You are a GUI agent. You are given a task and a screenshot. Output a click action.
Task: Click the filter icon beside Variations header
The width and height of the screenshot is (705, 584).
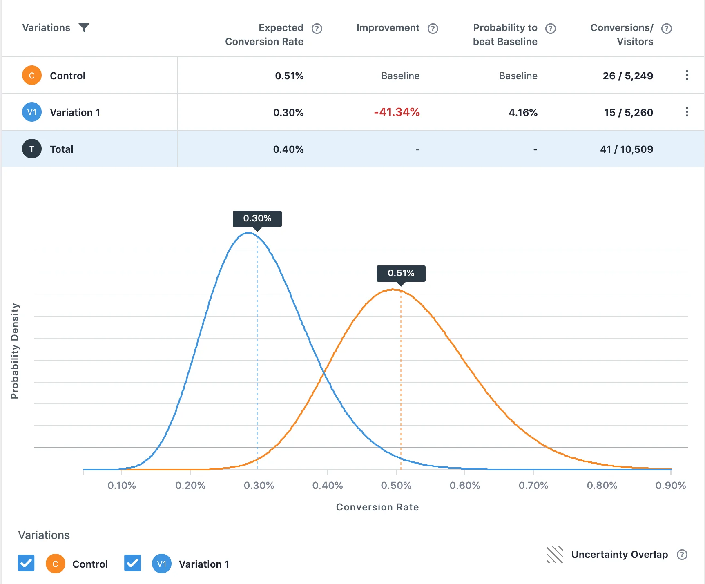tap(84, 27)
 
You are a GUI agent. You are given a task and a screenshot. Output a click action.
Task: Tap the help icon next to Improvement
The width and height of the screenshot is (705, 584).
tap(433, 28)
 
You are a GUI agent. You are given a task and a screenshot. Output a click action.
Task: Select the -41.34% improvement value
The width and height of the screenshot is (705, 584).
tap(397, 112)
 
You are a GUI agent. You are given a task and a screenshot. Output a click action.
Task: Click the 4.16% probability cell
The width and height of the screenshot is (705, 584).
tap(523, 113)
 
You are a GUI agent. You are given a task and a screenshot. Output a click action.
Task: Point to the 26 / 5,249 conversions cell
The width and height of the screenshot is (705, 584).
tap(627, 76)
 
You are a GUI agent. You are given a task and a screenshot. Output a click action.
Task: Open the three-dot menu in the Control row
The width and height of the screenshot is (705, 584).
tap(687, 75)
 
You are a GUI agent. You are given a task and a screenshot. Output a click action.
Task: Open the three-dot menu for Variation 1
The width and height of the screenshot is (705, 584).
tap(687, 112)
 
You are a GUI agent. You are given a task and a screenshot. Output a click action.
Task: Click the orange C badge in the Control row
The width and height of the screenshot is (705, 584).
tap(32, 76)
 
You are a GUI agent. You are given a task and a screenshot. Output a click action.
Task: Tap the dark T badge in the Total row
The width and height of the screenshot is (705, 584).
tap(32, 149)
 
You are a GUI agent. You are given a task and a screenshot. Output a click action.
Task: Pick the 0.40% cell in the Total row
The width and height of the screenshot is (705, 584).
tap(288, 149)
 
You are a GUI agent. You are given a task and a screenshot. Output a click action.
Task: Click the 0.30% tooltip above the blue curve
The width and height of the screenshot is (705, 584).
tap(257, 218)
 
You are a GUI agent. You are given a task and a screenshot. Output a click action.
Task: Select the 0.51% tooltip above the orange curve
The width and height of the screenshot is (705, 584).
tap(401, 273)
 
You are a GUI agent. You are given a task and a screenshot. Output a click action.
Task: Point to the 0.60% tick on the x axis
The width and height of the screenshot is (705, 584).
tap(464, 486)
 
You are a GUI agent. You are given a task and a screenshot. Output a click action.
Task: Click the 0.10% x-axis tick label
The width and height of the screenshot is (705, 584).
tap(121, 486)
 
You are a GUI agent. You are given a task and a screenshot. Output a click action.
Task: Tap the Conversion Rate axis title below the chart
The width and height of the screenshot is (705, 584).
tap(377, 507)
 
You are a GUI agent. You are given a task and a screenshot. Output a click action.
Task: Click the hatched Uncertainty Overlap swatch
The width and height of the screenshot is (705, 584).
tap(554, 555)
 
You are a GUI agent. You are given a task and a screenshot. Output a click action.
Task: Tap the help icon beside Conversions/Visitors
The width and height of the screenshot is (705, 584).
tap(666, 28)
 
